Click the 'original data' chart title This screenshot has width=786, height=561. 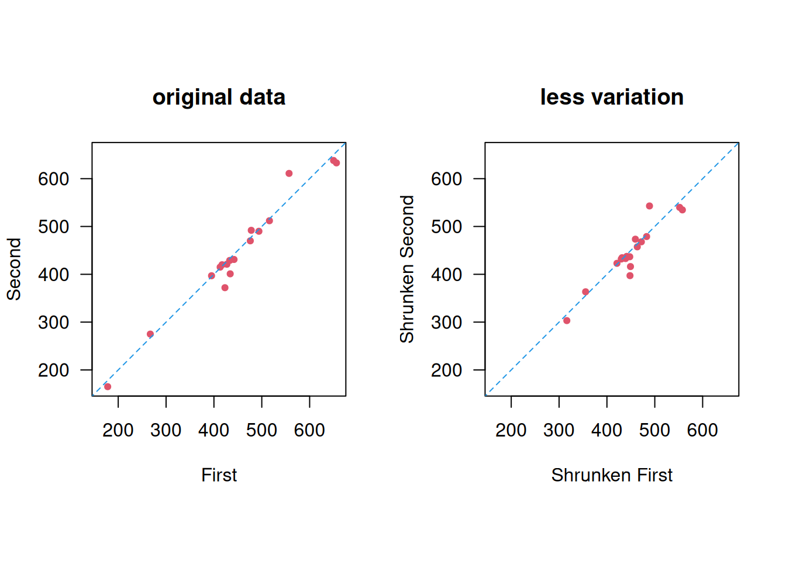[x=219, y=97]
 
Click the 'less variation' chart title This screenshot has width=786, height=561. [x=612, y=97]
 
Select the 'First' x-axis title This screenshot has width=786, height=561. [x=219, y=475]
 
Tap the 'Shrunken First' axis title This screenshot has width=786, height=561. [x=612, y=475]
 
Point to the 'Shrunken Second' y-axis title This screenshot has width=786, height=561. [x=407, y=269]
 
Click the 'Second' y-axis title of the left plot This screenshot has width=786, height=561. [x=14, y=269]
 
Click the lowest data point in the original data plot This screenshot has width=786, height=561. [x=108, y=387]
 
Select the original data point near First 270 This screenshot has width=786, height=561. [x=150, y=334]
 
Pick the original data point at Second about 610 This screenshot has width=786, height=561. [x=289, y=174]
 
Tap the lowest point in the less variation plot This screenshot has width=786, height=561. [x=567, y=321]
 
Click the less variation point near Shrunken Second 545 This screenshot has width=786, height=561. [x=649, y=206]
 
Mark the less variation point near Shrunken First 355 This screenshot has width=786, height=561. [x=585, y=292]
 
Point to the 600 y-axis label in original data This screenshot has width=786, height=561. [x=53, y=179]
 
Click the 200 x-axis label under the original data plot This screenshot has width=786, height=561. [x=118, y=431]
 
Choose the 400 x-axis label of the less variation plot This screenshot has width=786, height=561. [x=606, y=431]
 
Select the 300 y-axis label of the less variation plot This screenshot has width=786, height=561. [x=446, y=323]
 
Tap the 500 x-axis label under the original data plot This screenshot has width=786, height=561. [x=261, y=431]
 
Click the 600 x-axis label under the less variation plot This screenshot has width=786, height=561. [x=702, y=431]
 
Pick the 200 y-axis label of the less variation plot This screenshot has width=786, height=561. [x=446, y=370]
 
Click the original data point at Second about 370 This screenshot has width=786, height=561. [x=225, y=288]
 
